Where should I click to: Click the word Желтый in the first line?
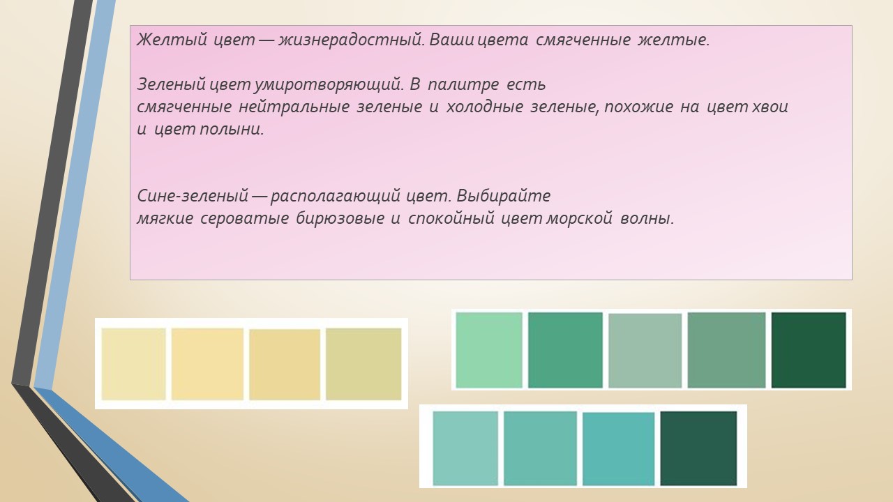[x=172, y=40]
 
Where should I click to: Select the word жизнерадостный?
[x=351, y=40]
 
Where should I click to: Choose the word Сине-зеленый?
[x=193, y=196]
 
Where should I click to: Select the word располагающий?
[x=335, y=197]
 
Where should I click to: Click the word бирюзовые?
[x=340, y=219]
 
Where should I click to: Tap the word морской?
[x=579, y=219]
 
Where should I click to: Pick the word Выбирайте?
[x=504, y=196]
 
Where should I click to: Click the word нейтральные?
[x=294, y=107]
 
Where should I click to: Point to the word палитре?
[x=463, y=85]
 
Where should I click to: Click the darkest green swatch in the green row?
[x=809, y=350]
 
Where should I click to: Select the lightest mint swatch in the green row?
[x=489, y=350]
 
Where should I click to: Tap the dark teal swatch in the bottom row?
[x=698, y=448]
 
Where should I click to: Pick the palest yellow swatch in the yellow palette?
[x=133, y=364]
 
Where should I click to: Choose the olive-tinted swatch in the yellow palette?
[x=363, y=364]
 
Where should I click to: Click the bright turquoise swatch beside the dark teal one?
[x=618, y=448]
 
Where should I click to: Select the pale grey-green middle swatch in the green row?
[x=645, y=350]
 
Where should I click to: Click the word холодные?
[x=484, y=107]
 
